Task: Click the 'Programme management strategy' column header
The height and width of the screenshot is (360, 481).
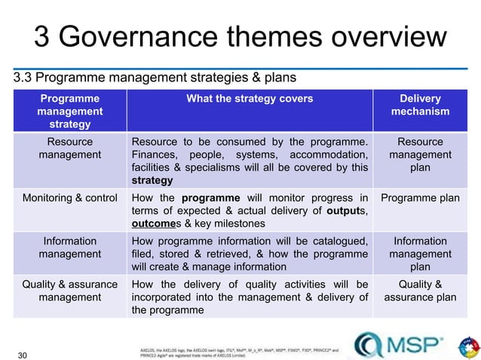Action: pos(69,111)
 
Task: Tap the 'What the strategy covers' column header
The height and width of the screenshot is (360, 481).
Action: pos(248,98)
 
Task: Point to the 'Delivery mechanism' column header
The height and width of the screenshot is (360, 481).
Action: pos(420,105)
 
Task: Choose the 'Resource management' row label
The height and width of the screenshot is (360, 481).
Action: pos(69,148)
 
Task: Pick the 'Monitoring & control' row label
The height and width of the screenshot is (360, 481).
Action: pos(69,198)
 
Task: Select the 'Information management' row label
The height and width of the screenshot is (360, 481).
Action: pos(69,248)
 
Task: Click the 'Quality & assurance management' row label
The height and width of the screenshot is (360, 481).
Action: pos(69,291)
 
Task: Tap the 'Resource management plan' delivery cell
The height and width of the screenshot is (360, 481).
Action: pos(420,154)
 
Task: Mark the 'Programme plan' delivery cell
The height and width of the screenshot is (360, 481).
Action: pos(420,198)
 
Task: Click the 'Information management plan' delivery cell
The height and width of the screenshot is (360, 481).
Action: pos(420,255)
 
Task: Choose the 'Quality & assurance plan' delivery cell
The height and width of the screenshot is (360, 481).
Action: pos(420,291)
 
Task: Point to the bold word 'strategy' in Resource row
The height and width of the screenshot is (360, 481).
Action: pos(152,181)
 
